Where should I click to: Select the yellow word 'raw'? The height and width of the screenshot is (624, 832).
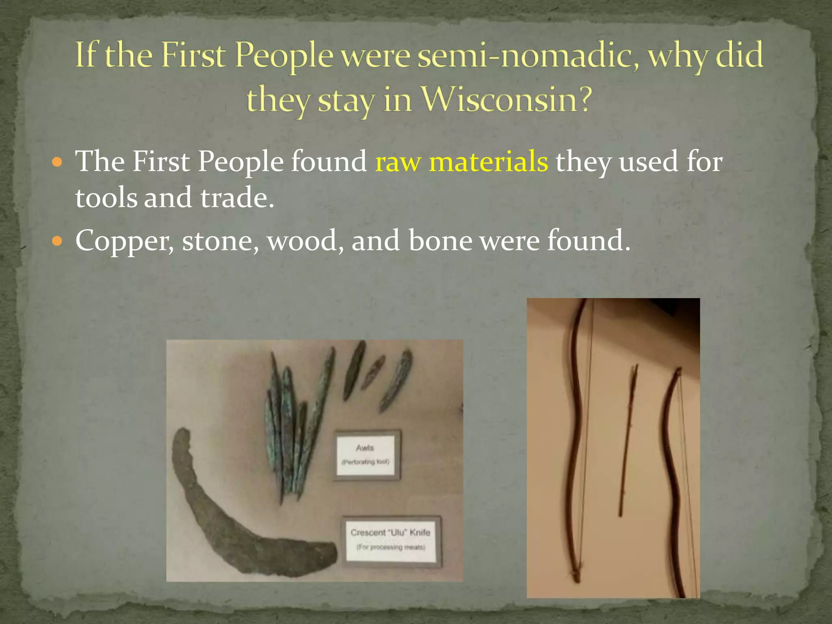(398, 162)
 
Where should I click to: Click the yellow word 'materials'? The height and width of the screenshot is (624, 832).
(488, 162)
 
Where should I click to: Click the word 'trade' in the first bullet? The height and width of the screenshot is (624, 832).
(237, 198)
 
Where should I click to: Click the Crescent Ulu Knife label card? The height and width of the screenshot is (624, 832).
(391, 539)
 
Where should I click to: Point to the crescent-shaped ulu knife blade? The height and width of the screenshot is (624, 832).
(227, 524)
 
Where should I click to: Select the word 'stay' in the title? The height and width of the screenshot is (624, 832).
(345, 101)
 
